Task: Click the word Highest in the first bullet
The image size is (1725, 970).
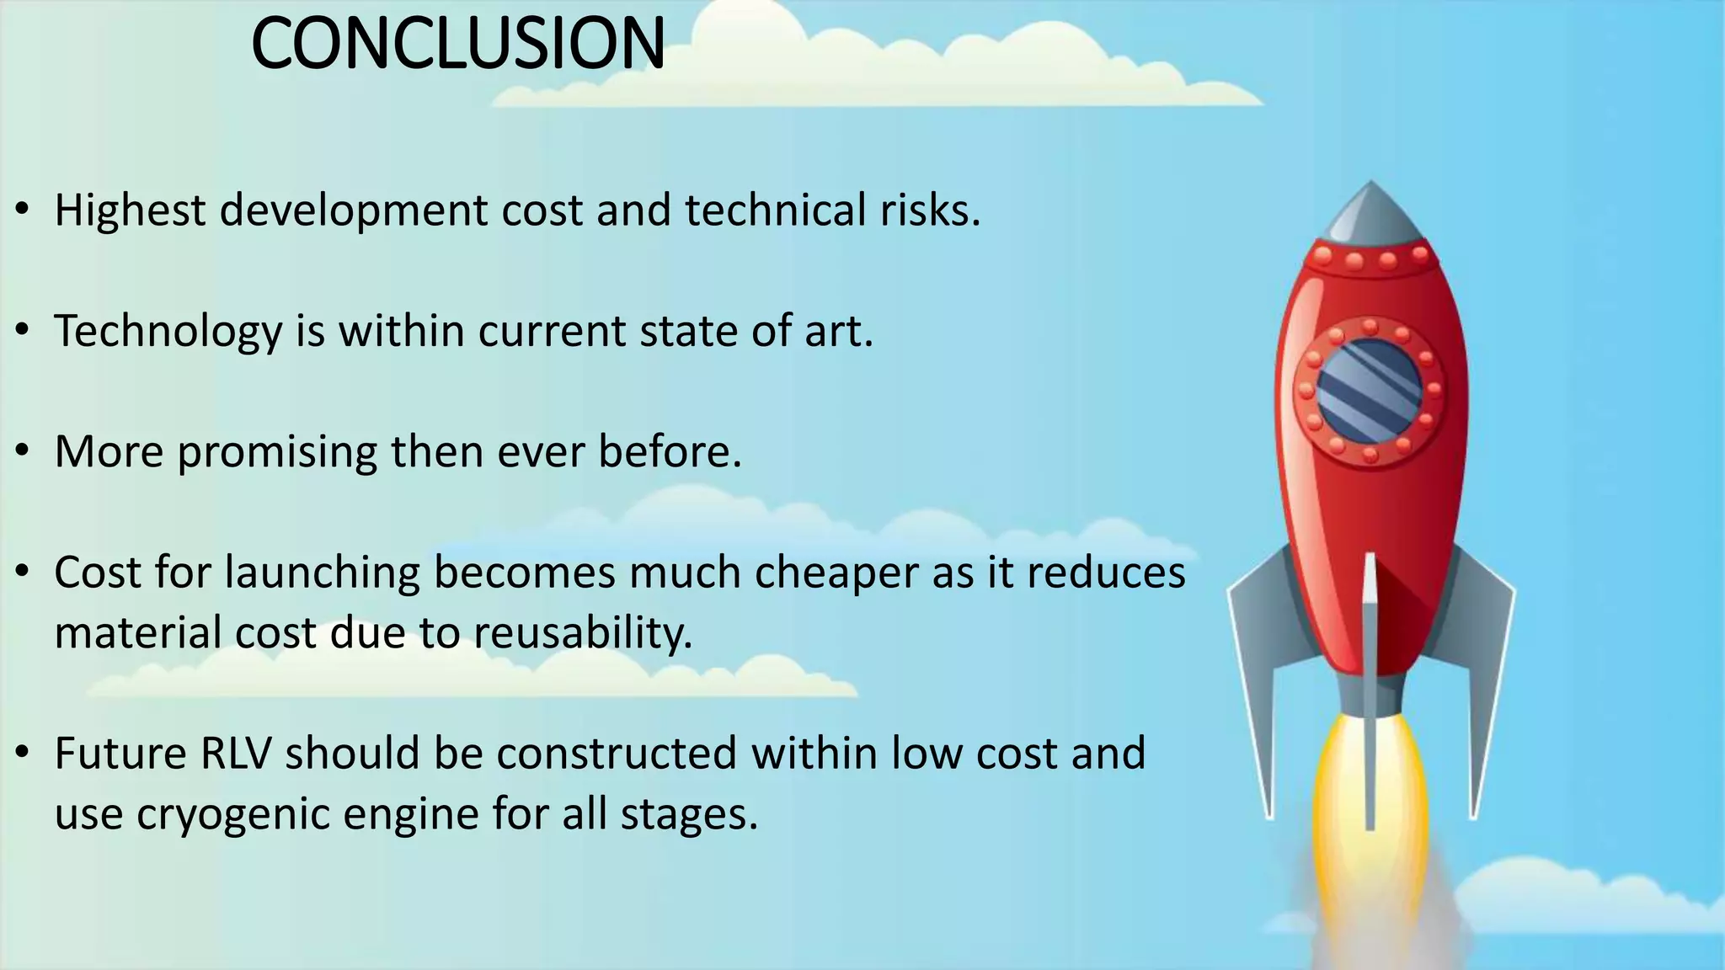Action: [130, 210]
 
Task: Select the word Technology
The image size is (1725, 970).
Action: [168, 331]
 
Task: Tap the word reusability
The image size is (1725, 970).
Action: [582, 633]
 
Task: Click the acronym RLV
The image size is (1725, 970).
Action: [236, 753]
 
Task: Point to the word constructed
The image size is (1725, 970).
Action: [617, 753]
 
